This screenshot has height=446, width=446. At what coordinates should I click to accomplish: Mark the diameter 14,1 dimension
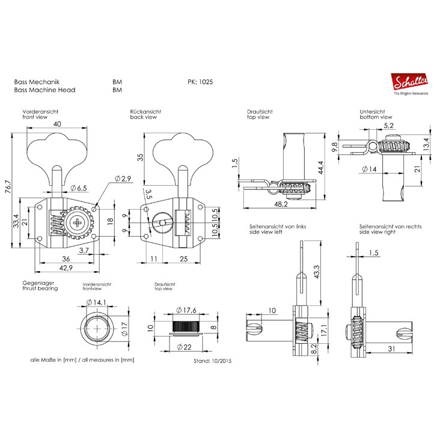click(96, 302)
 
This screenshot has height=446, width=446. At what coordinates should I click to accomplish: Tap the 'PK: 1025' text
click(200, 82)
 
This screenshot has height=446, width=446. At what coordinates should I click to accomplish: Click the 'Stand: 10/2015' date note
click(212, 361)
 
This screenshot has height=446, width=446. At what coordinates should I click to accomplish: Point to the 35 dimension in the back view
click(140, 157)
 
